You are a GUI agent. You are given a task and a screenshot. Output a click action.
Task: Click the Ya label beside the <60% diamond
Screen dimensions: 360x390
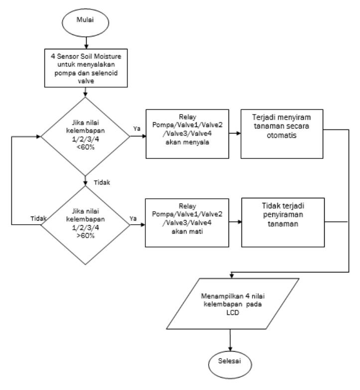(137, 129)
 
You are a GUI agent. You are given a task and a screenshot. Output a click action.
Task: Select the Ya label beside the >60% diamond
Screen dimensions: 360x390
(133, 218)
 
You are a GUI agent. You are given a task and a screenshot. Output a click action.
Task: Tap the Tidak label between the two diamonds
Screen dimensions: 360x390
(102, 182)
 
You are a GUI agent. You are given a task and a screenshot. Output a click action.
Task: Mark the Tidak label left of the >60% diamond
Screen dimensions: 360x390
(38, 218)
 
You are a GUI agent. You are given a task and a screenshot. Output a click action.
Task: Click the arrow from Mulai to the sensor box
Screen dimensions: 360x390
(86, 43)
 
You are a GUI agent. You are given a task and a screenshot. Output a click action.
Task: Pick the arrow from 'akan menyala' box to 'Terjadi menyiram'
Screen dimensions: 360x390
(235, 133)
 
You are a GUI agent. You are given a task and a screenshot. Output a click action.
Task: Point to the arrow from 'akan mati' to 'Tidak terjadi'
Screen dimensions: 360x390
(235, 222)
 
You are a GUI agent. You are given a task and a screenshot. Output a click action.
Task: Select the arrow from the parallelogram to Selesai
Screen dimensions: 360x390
(230, 340)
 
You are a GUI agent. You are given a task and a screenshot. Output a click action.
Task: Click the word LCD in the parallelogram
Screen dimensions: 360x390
(233, 312)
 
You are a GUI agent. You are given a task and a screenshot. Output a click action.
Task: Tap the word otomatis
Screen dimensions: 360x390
(282, 135)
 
